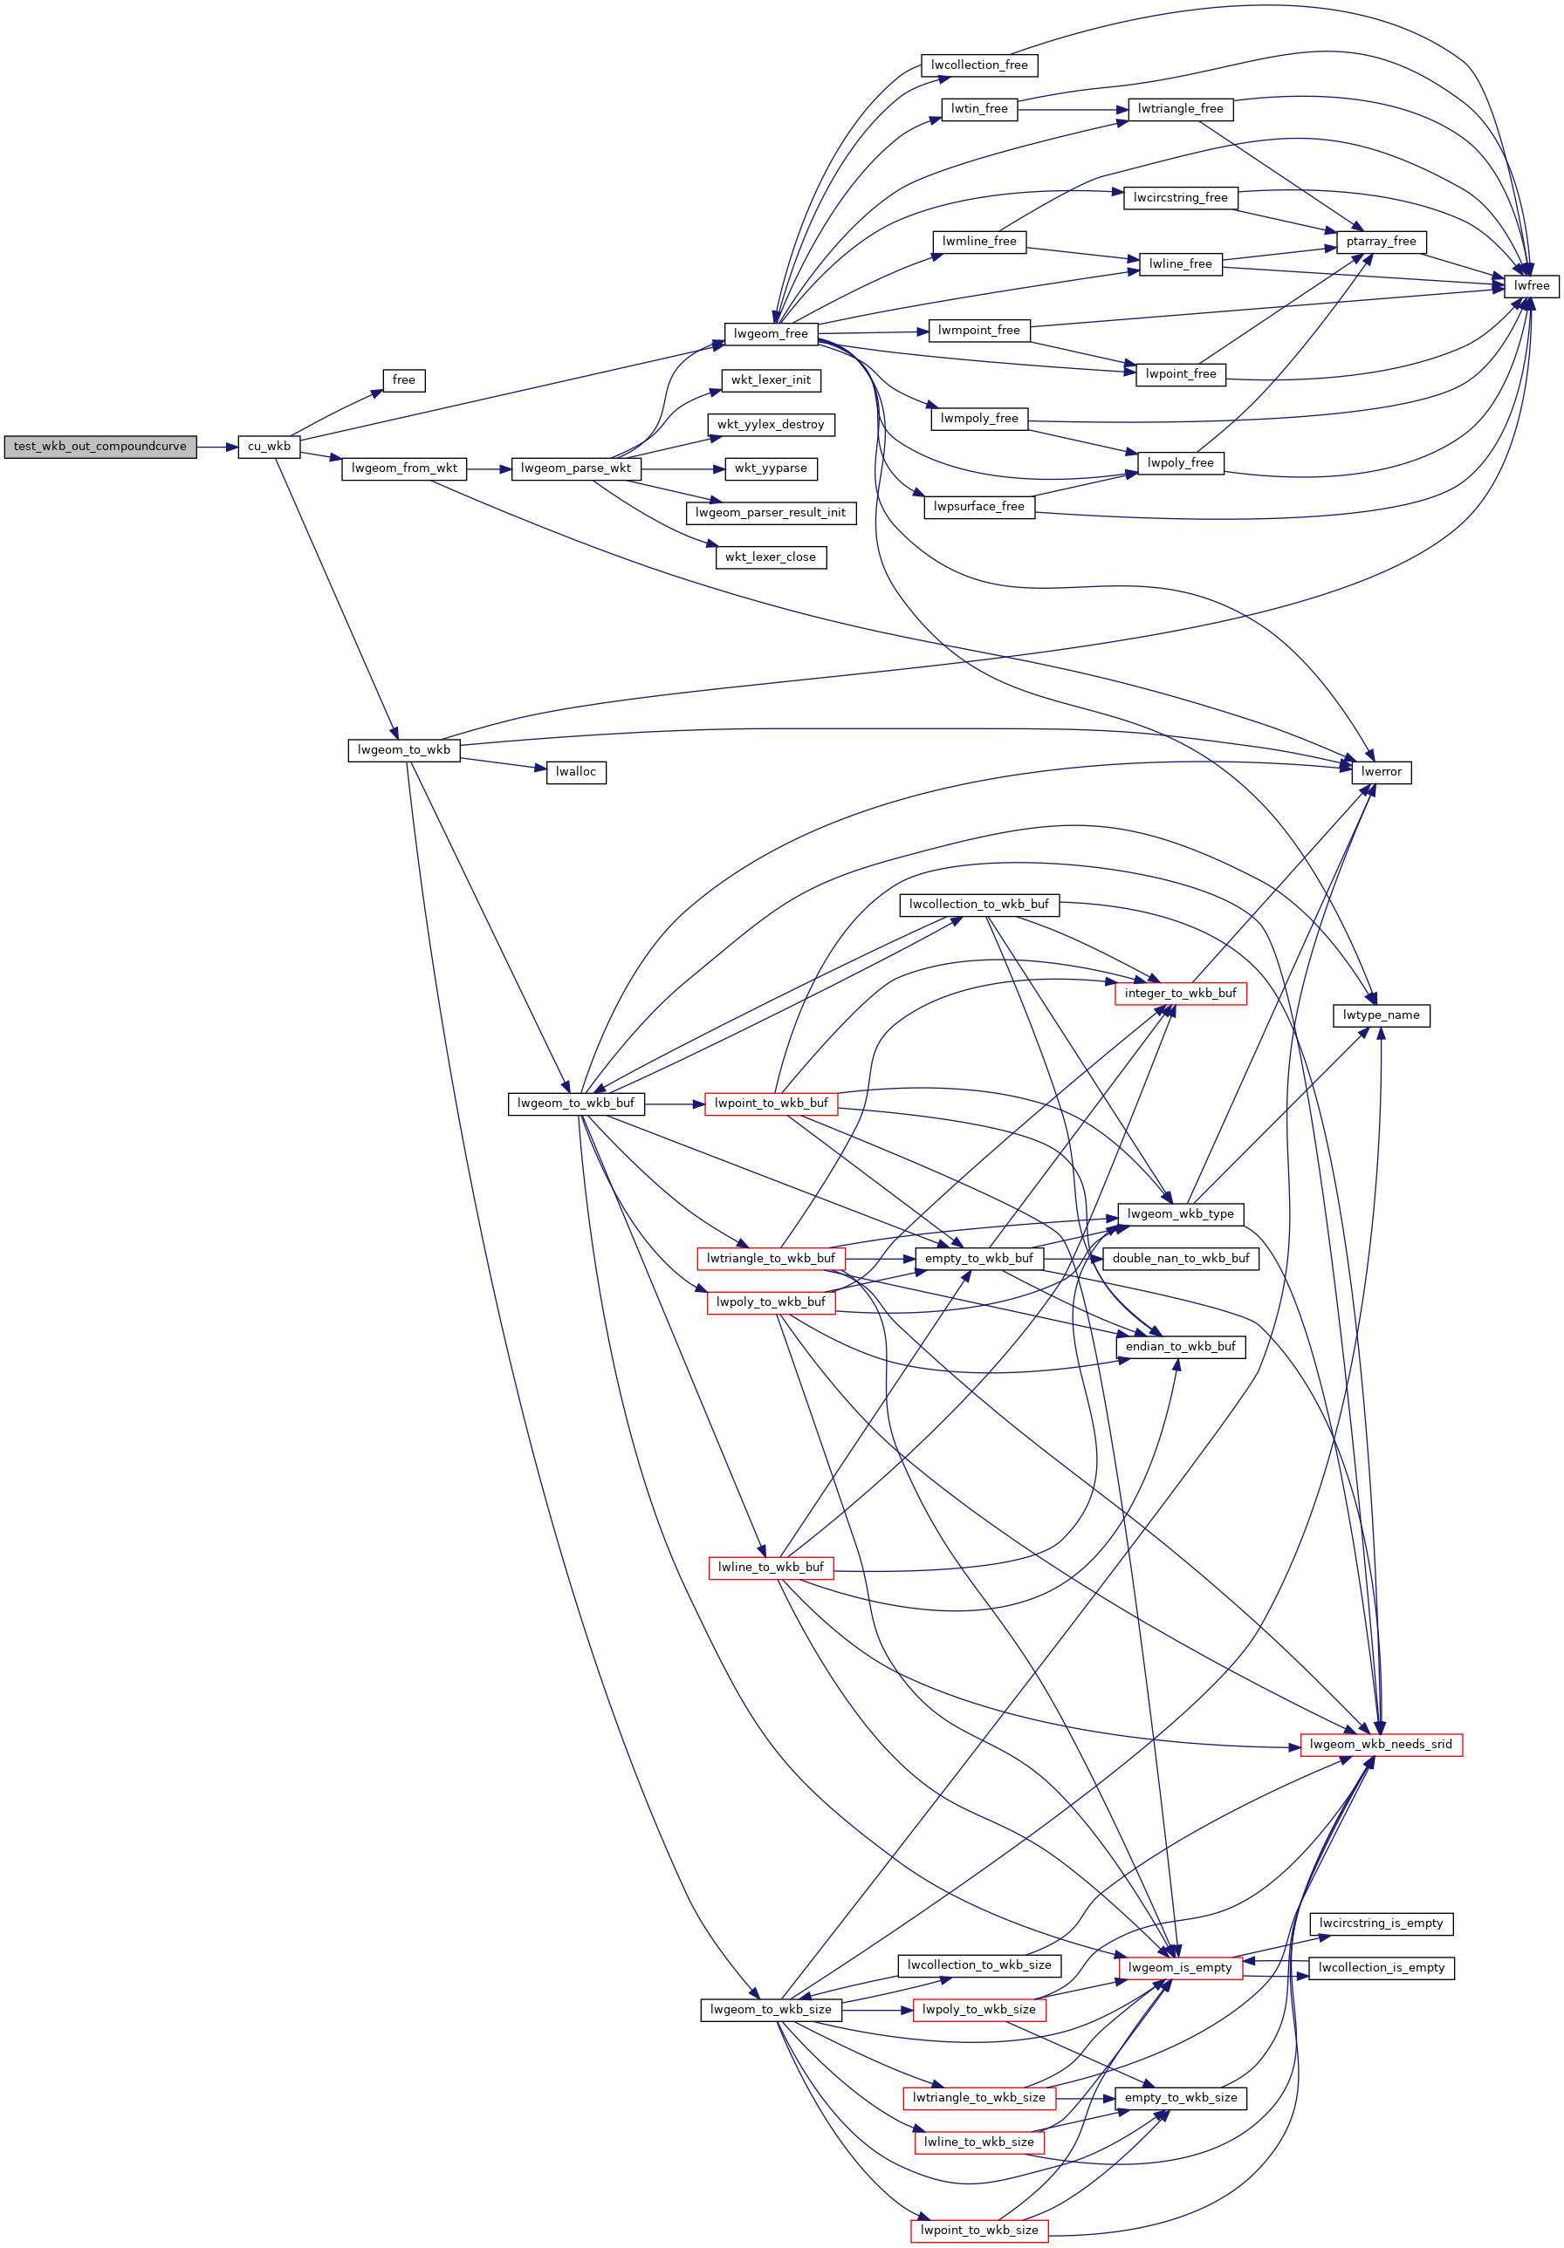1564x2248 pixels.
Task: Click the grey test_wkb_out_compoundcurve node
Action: tap(99, 447)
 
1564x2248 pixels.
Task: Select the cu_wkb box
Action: tap(268, 447)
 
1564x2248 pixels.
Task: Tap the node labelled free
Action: tap(403, 379)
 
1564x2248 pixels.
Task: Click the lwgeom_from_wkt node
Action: tap(404, 468)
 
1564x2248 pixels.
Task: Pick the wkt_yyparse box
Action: tap(771, 468)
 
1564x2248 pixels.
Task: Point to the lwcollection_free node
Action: tap(979, 65)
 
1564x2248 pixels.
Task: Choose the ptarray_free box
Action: tap(1381, 242)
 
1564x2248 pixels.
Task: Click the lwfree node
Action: tap(1532, 286)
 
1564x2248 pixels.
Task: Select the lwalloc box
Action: tap(576, 771)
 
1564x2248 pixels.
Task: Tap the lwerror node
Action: tap(1381, 771)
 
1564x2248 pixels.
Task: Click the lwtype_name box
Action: tap(1381, 1015)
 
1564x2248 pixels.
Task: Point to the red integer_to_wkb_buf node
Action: tap(1180, 993)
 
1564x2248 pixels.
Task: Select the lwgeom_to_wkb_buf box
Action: tap(576, 1104)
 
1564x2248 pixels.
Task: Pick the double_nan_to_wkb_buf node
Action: tap(1181, 1258)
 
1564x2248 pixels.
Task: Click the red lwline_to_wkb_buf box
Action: tap(771, 1568)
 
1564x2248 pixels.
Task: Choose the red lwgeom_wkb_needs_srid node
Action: tap(1381, 1744)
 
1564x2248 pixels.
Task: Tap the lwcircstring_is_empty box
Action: tap(1381, 1923)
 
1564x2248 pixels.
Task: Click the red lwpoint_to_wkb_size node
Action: tap(979, 2231)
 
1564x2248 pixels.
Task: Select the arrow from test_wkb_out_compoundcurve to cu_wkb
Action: tap(217, 448)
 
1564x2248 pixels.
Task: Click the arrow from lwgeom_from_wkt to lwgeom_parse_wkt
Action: tap(490, 469)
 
